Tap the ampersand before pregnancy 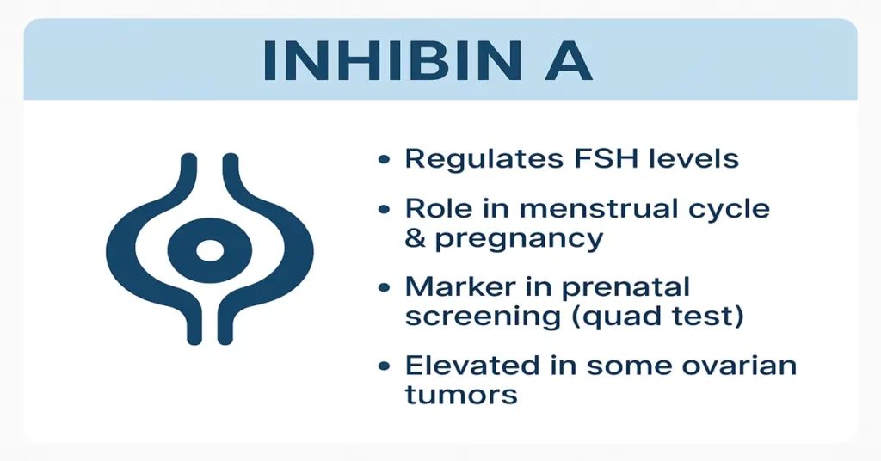pyautogui.click(x=416, y=237)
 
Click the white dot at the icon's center pyautogui.click(x=209, y=251)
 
